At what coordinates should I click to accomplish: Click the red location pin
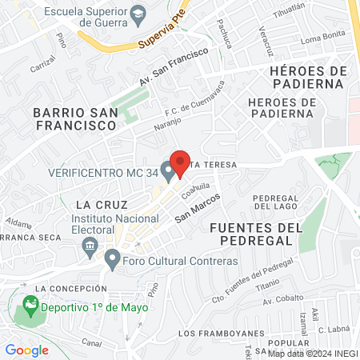(180, 163)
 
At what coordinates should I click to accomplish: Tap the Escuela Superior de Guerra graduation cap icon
(138, 13)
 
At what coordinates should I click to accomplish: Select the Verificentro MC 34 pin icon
(167, 170)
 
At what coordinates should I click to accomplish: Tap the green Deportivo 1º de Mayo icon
(30, 305)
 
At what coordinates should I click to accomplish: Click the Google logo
(26, 350)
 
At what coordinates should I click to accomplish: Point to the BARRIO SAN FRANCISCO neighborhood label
(75, 118)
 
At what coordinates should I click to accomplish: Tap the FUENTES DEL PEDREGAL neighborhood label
(256, 236)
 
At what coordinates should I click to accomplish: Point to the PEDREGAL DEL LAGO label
(274, 202)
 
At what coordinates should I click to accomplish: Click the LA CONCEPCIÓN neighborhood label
(76, 288)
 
